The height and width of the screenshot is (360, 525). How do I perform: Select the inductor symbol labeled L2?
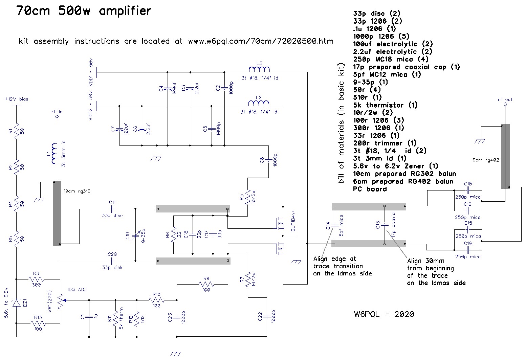tap(259, 103)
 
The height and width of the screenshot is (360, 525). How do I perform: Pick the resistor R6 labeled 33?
tap(173, 234)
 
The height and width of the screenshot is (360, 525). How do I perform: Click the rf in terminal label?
tap(57, 112)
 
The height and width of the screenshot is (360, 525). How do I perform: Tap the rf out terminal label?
tap(505, 99)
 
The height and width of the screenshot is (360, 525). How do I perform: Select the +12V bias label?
tap(17, 99)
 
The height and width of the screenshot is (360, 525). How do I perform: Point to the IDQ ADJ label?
tap(78, 290)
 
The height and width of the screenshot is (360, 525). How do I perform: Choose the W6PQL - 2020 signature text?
tap(384, 314)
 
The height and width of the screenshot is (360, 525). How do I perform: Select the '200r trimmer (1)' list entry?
tap(385, 143)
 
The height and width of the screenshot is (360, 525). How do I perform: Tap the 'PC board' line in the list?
tap(370, 189)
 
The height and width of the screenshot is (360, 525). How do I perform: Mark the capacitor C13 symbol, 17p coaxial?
tap(385, 225)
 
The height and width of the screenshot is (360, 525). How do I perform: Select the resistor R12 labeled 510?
tap(137, 317)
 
